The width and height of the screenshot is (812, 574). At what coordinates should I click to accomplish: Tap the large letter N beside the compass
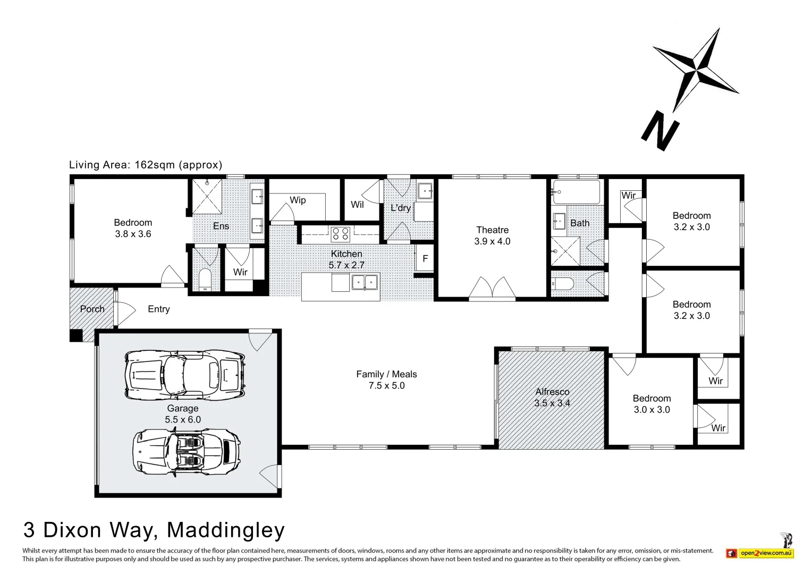click(x=660, y=131)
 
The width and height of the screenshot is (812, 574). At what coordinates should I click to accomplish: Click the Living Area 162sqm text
click(x=146, y=165)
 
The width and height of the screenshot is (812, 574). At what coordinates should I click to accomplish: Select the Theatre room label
click(x=492, y=230)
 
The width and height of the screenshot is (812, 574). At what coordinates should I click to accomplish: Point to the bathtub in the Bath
click(x=577, y=192)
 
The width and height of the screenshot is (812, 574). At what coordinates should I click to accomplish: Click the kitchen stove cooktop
click(x=340, y=234)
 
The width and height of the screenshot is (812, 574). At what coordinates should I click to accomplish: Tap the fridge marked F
click(x=425, y=259)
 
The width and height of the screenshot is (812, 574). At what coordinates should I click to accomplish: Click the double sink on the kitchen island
click(x=364, y=283)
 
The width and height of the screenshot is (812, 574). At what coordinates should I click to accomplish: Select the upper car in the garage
click(x=185, y=373)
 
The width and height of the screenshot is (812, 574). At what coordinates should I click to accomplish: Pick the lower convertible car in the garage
click(x=186, y=451)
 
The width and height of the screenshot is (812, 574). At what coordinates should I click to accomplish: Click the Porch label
click(x=92, y=309)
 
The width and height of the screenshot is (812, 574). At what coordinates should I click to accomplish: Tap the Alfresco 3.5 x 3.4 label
click(x=552, y=398)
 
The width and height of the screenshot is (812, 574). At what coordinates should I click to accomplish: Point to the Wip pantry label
click(x=298, y=200)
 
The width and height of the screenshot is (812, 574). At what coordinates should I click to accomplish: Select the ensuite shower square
click(x=207, y=197)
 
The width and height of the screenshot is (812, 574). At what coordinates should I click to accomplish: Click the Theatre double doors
click(x=492, y=289)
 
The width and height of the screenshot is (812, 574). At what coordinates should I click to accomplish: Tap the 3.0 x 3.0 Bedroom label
click(x=652, y=404)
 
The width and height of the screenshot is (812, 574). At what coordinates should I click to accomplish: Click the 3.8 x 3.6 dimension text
click(x=133, y=234)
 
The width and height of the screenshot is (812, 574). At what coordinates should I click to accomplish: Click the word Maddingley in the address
click(x=226, y=530)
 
